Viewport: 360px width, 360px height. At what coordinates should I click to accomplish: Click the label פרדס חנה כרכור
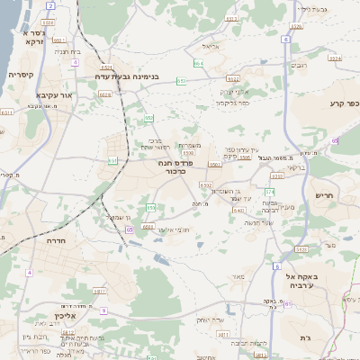pos(171,166)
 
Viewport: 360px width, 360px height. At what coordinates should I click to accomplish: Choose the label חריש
pos(324,194)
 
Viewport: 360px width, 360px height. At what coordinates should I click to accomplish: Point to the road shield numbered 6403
pos(237,210)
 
